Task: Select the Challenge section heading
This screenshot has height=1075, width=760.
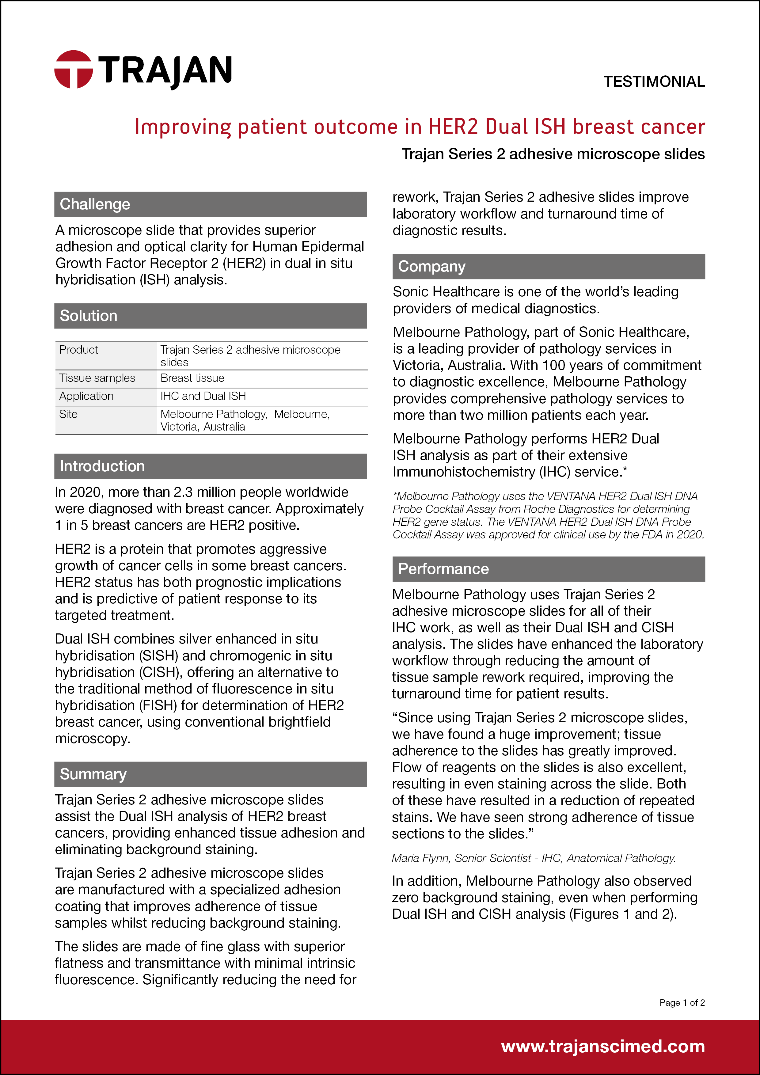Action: (x=95, y=204)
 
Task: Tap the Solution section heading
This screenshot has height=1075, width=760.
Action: (x=89, y=316)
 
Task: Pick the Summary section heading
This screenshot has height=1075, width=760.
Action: (x=93, y=774)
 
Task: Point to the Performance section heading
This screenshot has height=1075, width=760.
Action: (x=443, y=569)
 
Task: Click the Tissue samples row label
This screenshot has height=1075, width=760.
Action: (x=97, y=378)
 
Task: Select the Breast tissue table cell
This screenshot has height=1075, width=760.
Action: (x=192, y=378)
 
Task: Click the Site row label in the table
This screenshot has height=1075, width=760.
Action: (x=68, y=414)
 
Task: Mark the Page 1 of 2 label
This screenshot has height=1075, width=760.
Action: (x=682, y=1002)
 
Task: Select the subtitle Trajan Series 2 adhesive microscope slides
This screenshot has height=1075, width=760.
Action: (x=553, y=154)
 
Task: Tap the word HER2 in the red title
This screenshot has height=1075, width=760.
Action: (x=454, y=127)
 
